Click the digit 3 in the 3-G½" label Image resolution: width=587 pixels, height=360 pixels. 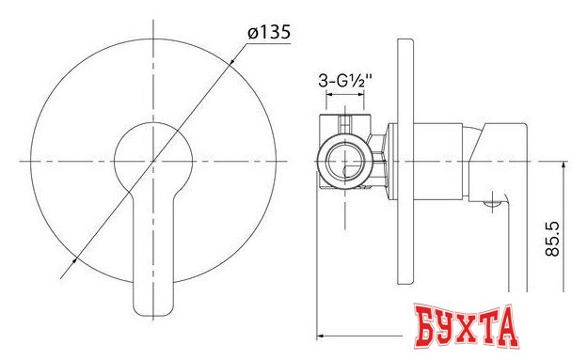[x=322, y=82]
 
